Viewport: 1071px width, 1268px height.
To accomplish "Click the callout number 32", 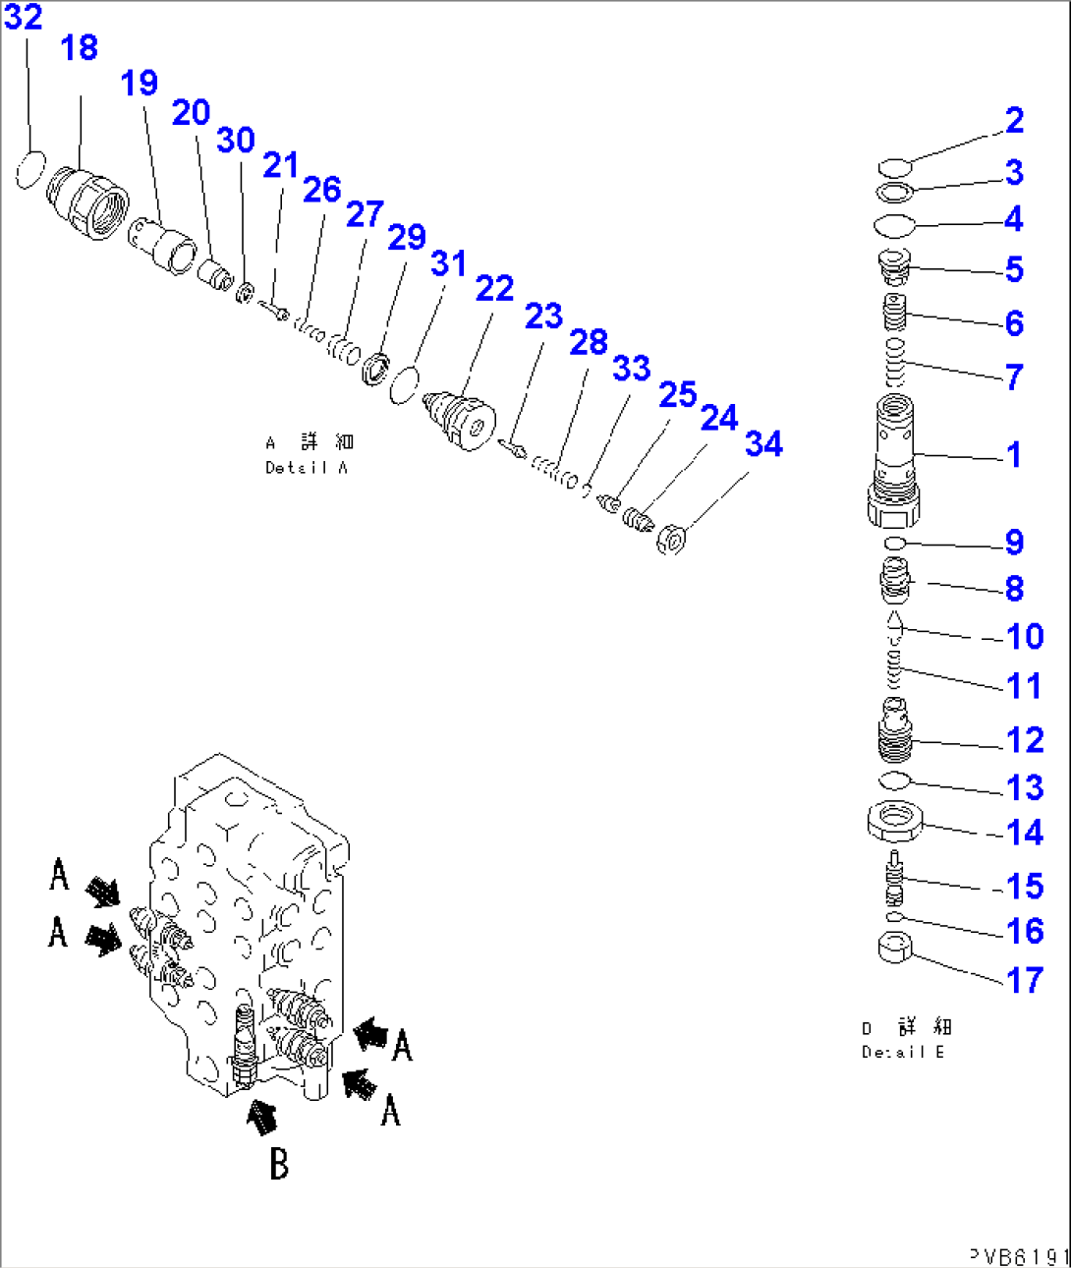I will point(23,17).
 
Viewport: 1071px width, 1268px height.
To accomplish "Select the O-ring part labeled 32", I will point(31,170).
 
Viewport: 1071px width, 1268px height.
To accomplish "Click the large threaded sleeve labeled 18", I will point(89,202).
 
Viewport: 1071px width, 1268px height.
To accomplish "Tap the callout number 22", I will point(494,288).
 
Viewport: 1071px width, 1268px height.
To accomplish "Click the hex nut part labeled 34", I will point(671,539).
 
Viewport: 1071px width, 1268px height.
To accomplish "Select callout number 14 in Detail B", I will point(1025,833).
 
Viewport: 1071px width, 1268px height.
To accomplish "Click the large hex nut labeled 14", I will point(893,821).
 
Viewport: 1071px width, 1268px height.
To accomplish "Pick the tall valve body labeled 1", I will point(893,457).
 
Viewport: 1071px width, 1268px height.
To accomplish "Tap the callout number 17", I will point(1025,980).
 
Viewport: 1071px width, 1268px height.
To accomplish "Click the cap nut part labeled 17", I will point(894,949).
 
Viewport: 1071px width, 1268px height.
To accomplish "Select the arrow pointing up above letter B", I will point(260,1116).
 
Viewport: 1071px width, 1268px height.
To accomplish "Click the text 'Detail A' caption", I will point(308,468).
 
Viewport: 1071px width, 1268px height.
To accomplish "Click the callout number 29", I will point(407,237).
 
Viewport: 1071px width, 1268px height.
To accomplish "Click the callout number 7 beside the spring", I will point(1015,376).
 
